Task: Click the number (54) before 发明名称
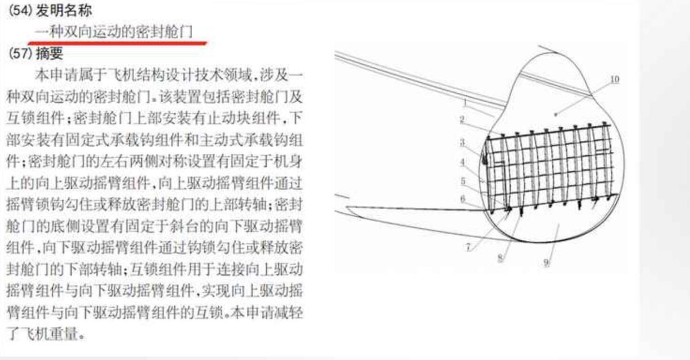[20, 11]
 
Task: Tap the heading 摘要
[50, 53]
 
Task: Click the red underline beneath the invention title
[117, 43]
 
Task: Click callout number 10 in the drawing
[615, 79]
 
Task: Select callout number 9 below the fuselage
[546, 263]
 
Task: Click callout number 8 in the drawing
[500, 258]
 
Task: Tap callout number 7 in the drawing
[468, 247]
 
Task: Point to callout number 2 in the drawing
[462, 120]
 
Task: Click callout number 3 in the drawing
[462, 143]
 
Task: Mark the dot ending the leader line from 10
[555, 114]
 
